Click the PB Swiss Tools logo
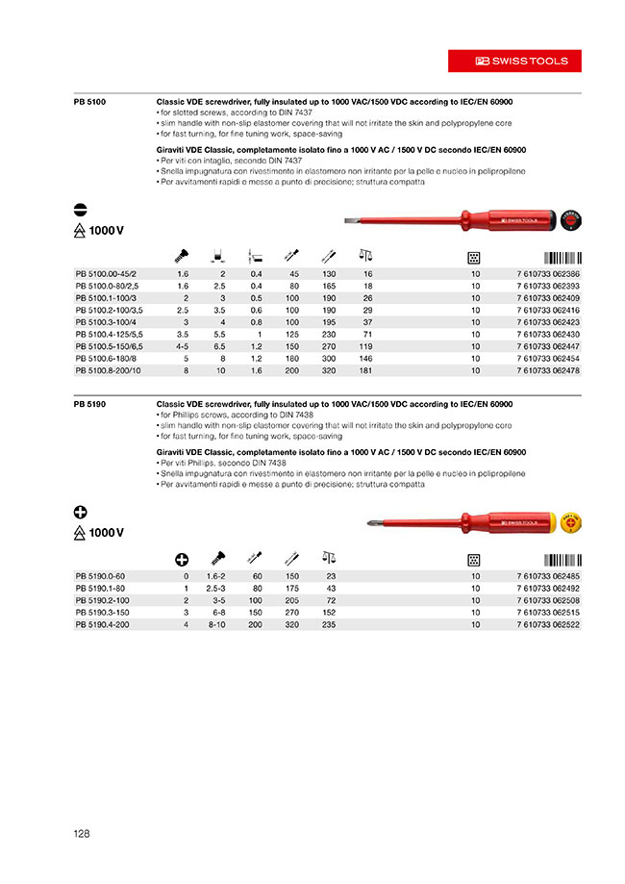point(522,61)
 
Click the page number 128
point(81,833)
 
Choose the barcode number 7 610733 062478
point(548,369)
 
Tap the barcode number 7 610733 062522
point(548,624)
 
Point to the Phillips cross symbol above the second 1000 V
point(81,512)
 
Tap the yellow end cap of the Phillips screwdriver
point(571,524)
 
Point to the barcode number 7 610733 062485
point(548,576)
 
